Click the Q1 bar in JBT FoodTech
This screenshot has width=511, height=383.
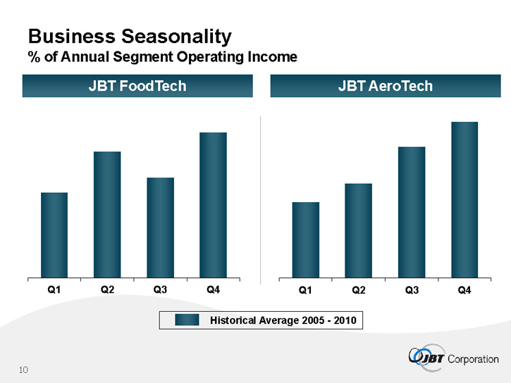click(x=54, y=234)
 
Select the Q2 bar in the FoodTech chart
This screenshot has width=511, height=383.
click(x=107, y=214)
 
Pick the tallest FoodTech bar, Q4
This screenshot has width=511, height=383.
click(x=213, y=204)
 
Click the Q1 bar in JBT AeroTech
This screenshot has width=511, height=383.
click(x=305, y=239)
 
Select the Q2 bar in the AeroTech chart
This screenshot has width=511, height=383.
click(x=358, y=230)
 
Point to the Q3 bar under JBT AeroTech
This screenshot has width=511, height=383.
click(x=412, y=212)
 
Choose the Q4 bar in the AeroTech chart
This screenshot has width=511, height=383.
click(x=464, y=199)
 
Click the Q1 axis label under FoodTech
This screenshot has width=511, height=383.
click(x=54, y=290)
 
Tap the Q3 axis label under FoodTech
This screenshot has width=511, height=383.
click(x=160, y=290)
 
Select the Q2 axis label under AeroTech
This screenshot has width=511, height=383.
click(x=358, y=290)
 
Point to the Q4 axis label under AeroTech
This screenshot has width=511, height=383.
click(x=464, y=290)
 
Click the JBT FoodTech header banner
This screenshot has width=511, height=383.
click(x=137, y=87)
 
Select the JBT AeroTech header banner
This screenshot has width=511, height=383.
click(x=385, y=87)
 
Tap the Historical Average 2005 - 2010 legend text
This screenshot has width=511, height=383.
click(x=283, y=321)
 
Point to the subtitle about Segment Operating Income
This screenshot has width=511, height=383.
click(x=162, y=56)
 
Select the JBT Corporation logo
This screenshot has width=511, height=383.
click(x=453, y=358)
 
